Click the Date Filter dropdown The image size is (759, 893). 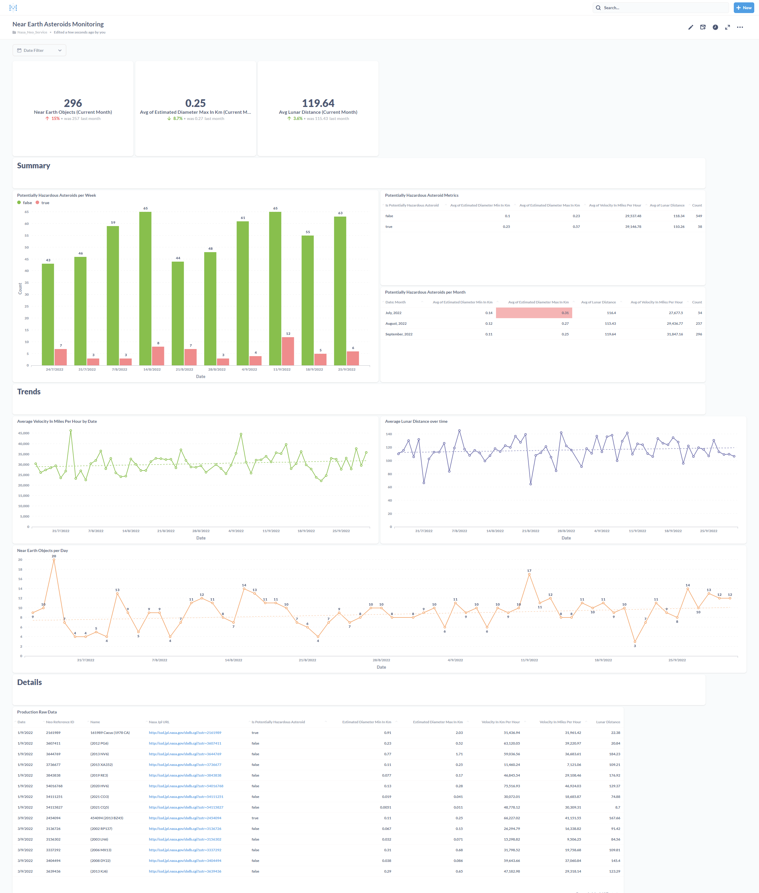[39, 50]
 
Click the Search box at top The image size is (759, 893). [663, 8]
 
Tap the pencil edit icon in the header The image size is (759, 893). [691, 27]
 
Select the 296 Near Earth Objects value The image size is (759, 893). [73, 103]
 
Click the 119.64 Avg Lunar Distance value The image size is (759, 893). [318, 103]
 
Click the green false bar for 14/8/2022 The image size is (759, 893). [146, 288]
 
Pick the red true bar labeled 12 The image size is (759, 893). [288, 351]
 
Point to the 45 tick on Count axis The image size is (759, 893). [27, 259]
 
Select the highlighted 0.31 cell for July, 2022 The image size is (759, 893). [534, 313]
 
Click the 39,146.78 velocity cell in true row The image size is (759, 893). [633, 227]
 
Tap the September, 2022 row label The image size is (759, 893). [399, 334]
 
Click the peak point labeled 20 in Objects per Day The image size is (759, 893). [54, 560]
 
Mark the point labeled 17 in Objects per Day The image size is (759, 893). [529, 574]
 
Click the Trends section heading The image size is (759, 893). [29, 392]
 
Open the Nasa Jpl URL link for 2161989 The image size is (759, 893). [185, 733]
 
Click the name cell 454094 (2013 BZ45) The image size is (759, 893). [107, 818]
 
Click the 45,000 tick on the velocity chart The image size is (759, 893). [24, 433]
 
